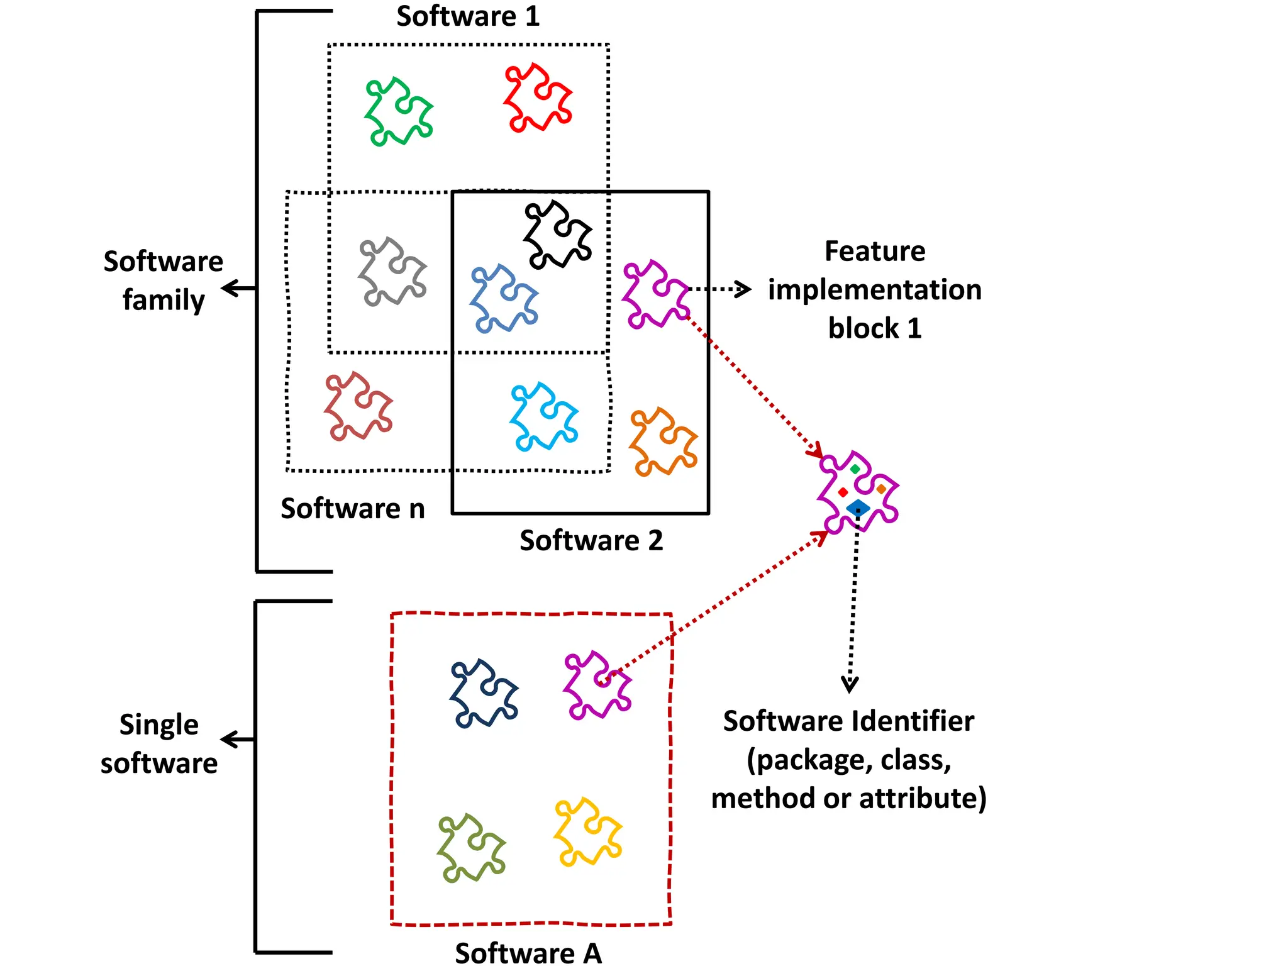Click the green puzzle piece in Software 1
[399, 112]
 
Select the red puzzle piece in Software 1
[538, 97]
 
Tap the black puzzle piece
[557, 235]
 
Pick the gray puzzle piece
[392, 272]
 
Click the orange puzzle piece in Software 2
[663, 441]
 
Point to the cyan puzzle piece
[543, 416]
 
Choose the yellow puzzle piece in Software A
[587, 832]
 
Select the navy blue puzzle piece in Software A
[484, 693]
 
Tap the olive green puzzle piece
[471, 848]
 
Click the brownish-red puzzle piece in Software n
[358, 406]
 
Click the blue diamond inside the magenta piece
[858, 508]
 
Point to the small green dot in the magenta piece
[855, 469]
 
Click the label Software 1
[468, 16]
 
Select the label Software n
[352, 508]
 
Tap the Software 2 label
[591, 541]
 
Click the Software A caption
[528, 952]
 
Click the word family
[164, 301]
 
